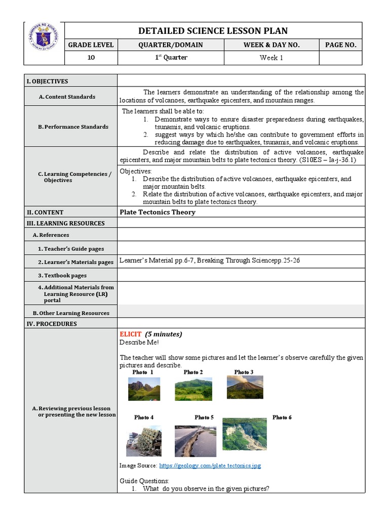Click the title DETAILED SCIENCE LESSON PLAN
point(213,31)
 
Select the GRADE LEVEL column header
point(91,45)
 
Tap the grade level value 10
point(91,58)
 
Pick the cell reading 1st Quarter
point(171,58)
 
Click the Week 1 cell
point(271,58)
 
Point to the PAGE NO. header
point(340,45)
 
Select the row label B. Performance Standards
point(73,126)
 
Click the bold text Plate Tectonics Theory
point(157,212)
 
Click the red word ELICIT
point(130,334)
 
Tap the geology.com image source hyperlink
point(210,465)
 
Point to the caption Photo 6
point(282,417)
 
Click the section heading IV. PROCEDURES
point(52,324)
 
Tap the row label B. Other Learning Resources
point(71,313)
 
